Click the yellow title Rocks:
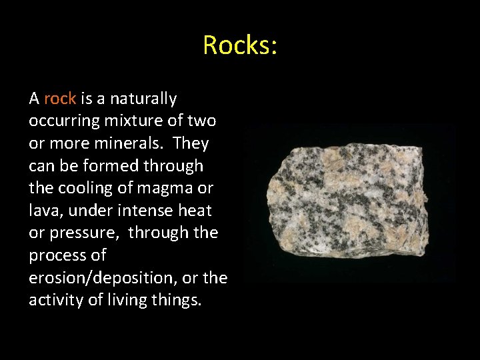pyautogui.click(x=240, y=45)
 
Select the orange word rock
pyautogui.click(x=60, y=99)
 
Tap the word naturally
pyautogui.click(x=143, y=99)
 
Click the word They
pyautogui.click(x=191, y=144)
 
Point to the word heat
pyautogui.click(x=193, y=211)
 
